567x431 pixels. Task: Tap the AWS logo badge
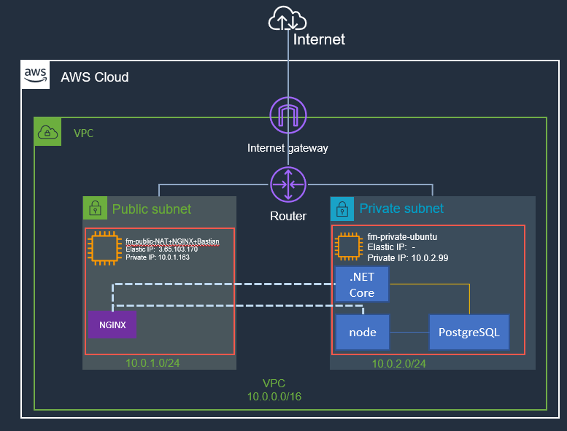36,76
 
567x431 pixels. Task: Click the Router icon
288,185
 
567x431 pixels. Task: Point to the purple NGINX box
112,324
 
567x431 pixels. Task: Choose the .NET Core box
362,284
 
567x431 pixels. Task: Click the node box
363,333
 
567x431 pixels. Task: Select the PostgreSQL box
468,333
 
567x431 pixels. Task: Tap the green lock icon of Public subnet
94,209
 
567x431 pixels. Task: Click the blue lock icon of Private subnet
342,209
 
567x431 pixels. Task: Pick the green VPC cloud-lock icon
47,132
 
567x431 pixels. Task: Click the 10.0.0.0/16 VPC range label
274,396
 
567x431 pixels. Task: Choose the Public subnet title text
152,209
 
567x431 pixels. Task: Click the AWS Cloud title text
95,77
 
